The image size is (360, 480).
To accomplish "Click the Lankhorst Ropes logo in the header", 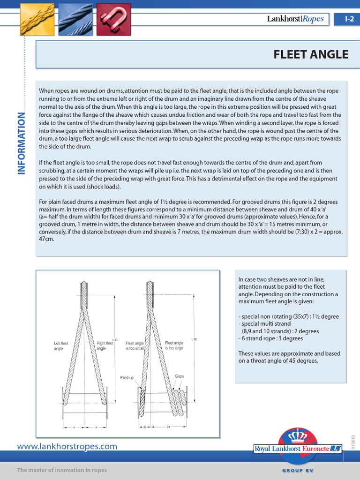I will click(295, 19).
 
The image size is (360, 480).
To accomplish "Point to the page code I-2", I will click(349, 19).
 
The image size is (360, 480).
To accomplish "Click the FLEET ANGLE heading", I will click(311, 54).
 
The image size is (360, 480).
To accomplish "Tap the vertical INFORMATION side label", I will click(22, 143).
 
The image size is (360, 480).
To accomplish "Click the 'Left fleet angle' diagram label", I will click(61, 346).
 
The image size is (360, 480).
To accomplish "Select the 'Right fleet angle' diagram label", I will click(105, 346).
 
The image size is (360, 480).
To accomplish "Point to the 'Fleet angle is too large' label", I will click(174, 346).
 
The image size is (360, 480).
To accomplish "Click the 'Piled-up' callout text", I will click(127, 377).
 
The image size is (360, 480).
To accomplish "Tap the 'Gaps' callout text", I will click(179, 376).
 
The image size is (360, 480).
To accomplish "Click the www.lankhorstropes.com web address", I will click(67, 446).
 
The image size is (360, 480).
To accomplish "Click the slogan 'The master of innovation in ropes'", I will click(62, 470).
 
